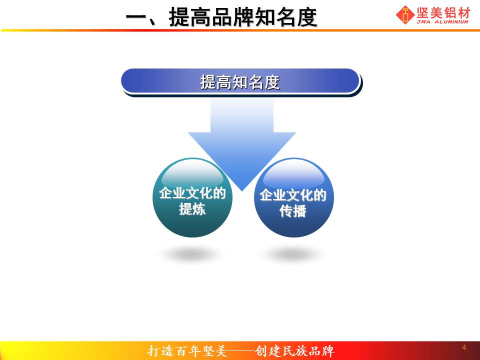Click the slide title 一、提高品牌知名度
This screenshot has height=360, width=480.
(x=221, y=17)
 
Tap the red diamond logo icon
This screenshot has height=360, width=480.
(x=405, y=14)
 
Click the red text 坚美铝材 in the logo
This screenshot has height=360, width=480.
(x=443, y=13)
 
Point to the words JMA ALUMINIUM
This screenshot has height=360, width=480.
(x=442, y=21)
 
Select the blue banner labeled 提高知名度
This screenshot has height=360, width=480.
(x=240, y=81)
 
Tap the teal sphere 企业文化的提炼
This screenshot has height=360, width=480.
(x=192, y=197)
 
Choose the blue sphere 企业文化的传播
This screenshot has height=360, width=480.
(x=294, y=197)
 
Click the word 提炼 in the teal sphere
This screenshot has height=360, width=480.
(x=192, y=209)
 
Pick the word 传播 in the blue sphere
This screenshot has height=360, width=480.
(x=293, y=211)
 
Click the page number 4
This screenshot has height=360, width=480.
(x=464, y=347)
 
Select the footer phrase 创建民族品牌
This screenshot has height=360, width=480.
(x=294, y=351)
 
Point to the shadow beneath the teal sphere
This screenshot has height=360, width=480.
(x=192, y=254)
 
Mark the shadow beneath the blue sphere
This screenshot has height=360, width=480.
(x=293, y=254)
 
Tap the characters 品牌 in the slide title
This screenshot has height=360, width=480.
(x=232, y=17)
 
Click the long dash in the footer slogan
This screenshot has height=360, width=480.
(x=240, y=351)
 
